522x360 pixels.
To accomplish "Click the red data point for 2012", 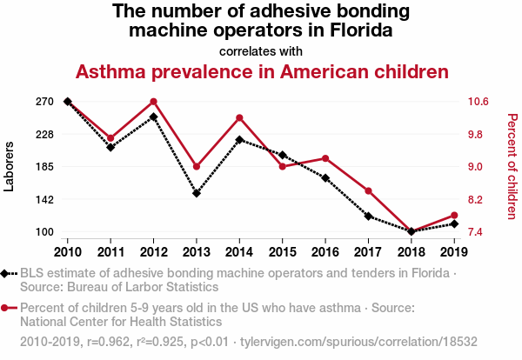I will click(153, 102).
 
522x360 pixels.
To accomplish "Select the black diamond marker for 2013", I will click(197, 193).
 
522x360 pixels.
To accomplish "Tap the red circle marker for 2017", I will click(368, 190).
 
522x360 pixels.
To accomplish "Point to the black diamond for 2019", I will click(453, 224).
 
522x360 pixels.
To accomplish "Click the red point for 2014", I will click(239, 117).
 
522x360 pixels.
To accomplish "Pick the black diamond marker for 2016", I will click(325, 178).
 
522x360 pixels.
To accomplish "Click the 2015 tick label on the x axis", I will click(282, 252).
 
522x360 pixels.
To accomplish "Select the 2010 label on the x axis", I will click(68, 252).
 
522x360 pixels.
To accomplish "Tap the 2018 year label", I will click(411, 252).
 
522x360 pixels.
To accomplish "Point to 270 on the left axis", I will click(45, 102).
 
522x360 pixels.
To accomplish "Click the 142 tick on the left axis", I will click(45, 199).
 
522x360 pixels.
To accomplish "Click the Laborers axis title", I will click(10, 167).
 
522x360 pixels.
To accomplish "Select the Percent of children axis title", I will click(512, 167).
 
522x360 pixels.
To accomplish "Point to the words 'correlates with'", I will click(261, 50).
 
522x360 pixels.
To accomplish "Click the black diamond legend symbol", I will click(6, 274).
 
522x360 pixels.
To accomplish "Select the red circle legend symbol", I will click(6, 308).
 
